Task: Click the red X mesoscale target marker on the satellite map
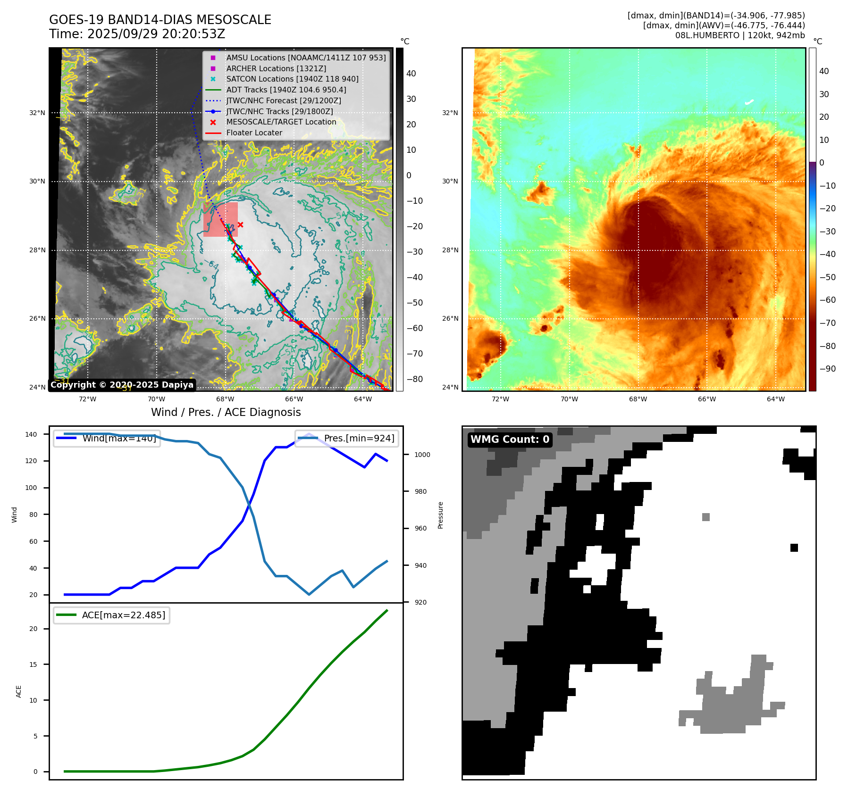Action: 240,224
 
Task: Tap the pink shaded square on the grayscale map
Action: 220,219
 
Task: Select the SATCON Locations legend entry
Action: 292,79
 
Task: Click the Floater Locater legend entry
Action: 254,133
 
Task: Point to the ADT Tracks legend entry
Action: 286,90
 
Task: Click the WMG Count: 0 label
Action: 510,439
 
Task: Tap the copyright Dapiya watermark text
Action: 122,385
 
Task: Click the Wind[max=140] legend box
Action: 107,438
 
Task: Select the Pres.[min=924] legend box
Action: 347,438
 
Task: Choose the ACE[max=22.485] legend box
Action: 112,615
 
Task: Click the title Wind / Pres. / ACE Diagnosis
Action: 226,412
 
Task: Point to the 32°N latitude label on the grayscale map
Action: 37,113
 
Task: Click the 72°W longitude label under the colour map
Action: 500,399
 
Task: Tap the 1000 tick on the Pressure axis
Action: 422,455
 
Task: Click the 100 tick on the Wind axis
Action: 31,488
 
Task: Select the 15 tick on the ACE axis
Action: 33,664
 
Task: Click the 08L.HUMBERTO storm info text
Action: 739,35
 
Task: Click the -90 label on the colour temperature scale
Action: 827,369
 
